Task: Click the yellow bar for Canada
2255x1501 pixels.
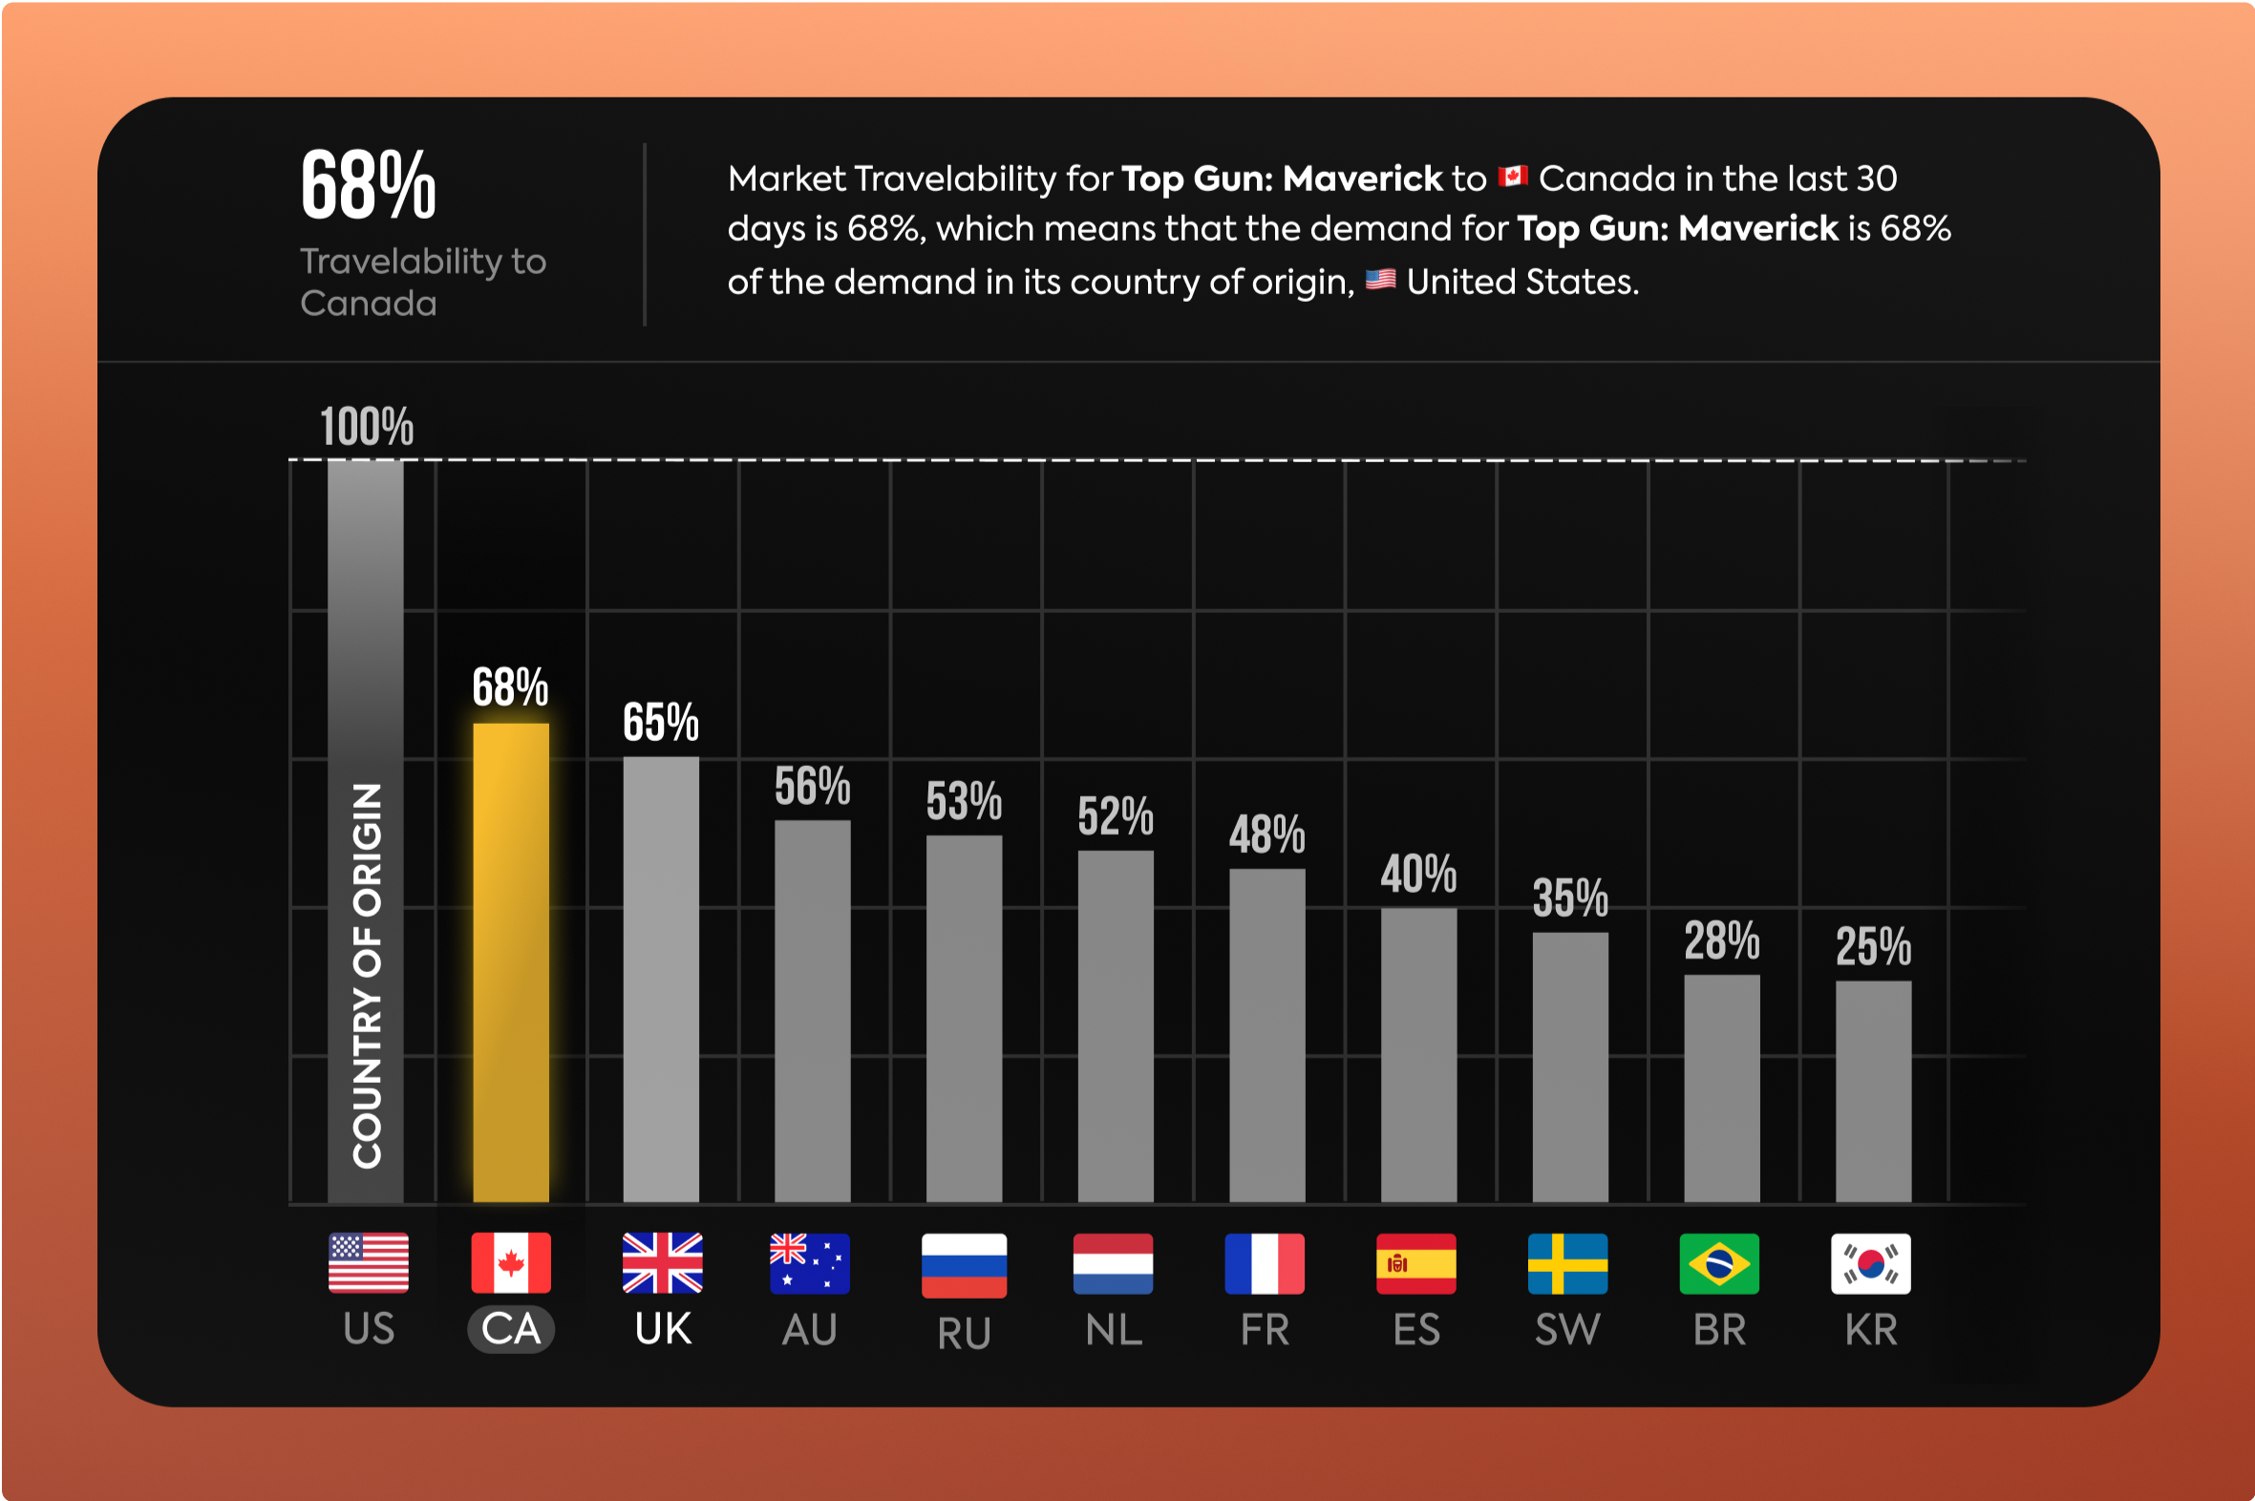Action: pos(510,962)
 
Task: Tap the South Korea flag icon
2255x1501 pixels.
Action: pos(1870,1263)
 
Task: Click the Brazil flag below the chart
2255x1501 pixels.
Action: pos(1719,1263)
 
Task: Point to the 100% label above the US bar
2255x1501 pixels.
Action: pos(367,427)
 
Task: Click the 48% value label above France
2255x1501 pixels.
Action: pos(1266,835)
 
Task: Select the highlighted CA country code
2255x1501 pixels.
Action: pos(510,1329)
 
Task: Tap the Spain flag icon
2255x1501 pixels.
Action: pos(1416,1263)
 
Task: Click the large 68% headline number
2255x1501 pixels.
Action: pos(369,185)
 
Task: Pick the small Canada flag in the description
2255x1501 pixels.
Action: pos(1512,177)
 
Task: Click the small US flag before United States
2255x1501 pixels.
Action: pos(1380,280)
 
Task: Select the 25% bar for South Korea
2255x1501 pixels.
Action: pos(1873,1091)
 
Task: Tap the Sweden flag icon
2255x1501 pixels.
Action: pos(1567,1263)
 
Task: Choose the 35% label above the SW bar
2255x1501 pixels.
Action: pos(1570,898)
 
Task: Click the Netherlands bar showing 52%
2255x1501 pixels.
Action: pos(1116,1026)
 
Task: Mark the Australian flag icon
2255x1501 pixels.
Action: pos(809,1263)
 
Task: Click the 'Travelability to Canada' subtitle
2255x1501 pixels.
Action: pos(422,282)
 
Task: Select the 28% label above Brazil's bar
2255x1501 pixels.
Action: pos(1722,941)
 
